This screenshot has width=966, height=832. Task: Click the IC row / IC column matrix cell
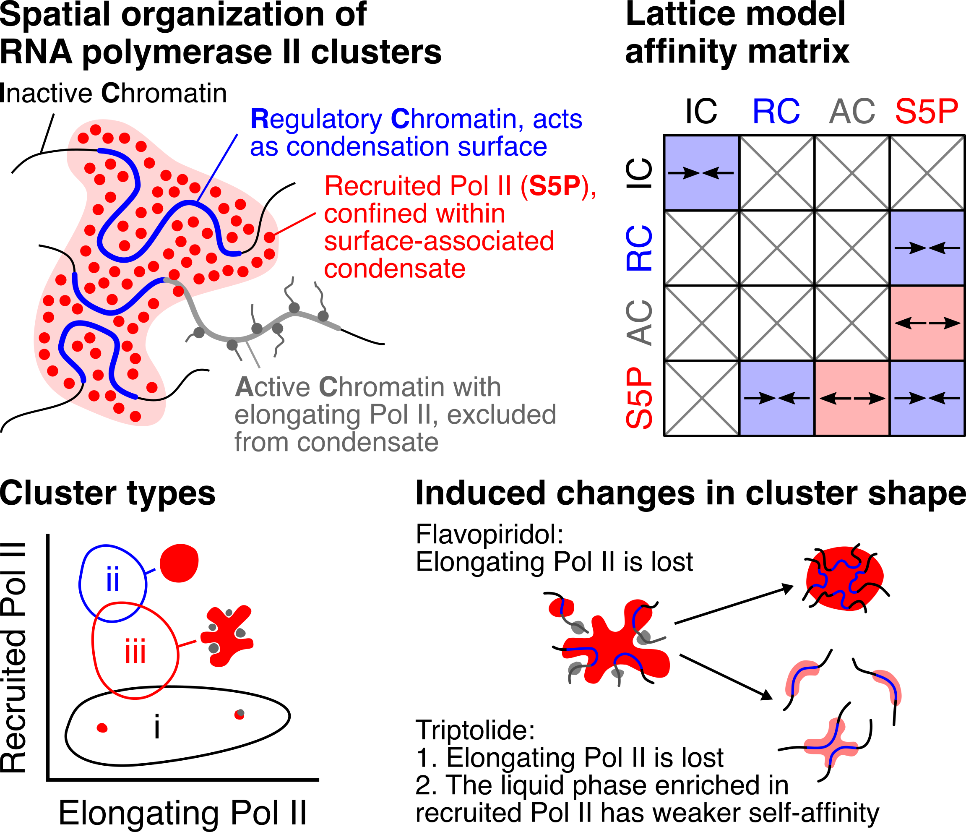(702, 172)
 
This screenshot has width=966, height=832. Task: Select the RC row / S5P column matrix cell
(927, 248)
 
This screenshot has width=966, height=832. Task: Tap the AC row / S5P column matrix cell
(927, 323)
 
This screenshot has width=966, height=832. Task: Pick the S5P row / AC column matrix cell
(852, 398)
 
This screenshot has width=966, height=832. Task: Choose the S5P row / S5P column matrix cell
(927, 398)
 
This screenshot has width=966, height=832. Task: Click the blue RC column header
(776, 112)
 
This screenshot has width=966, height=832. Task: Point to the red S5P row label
(639, 398)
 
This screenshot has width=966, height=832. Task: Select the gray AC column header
(852, 112)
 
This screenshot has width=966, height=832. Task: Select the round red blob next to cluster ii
(179, 563)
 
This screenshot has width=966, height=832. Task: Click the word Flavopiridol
(490, 535)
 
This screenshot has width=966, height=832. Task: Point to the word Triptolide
(475, 730)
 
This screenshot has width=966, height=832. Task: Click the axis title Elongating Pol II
(183, 813)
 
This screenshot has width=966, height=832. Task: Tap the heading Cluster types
(108, 493)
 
